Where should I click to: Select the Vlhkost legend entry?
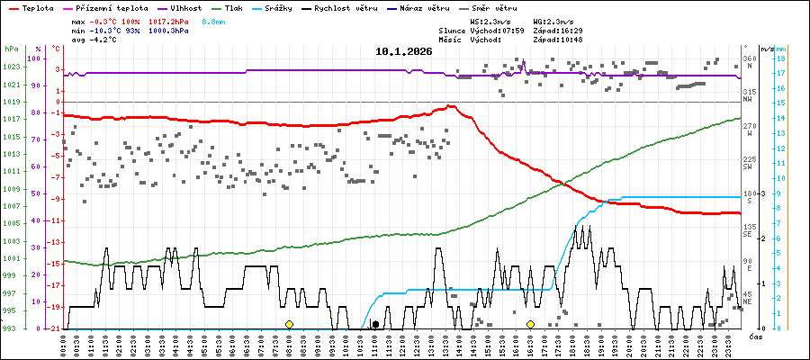coord(184,6)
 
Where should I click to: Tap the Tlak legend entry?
coord(233,6)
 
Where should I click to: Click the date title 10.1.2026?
coord(404,51)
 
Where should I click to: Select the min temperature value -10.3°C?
coord(107,30)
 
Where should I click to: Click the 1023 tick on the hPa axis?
coord(11,67)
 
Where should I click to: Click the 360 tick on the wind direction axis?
coord(749,59)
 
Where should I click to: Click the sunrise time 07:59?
coord(512,30)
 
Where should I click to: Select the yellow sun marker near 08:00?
coord(289,324)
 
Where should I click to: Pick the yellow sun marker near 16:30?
coord(531,324)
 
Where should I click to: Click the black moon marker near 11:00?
coord(375,324)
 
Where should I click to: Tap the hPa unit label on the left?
coord(11,49)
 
